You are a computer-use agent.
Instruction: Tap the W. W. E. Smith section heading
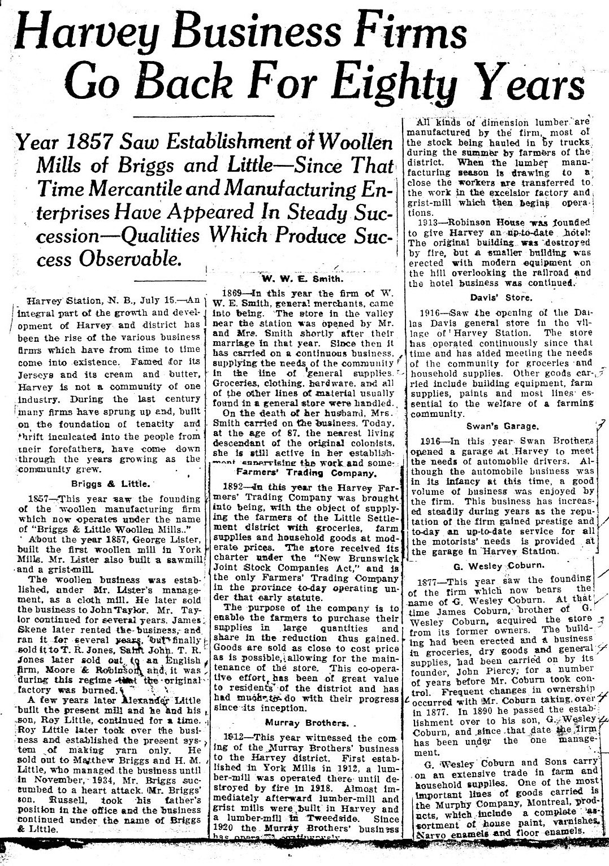pyautogui.click(x=300, y=278)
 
